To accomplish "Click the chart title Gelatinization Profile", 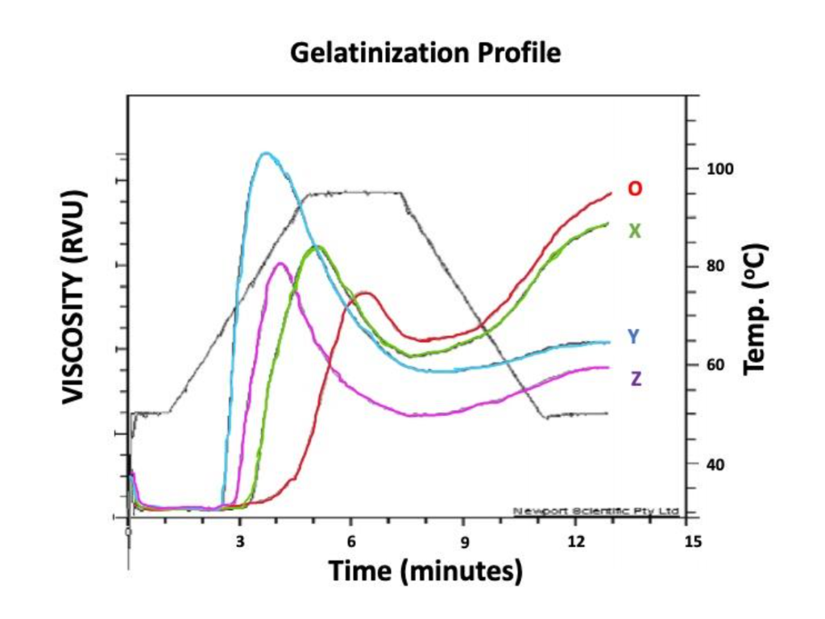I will [x=425, y=53].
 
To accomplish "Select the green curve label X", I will [x=635, y=231].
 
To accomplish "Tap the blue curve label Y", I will [x=634, y=337].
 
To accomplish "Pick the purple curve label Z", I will [x=636, y=379].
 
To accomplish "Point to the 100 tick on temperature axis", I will [x=719, y=168].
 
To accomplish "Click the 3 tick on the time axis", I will [x=240, y=541].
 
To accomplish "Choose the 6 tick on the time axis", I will [x=351, y=541].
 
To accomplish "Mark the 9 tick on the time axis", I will [x=463, y=541].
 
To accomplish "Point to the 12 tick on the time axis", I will [x=574, y=541].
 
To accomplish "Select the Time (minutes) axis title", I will [x=425, y=571].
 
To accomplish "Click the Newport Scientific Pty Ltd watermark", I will [x=595, y=511].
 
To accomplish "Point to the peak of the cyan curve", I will [x=265, y=153].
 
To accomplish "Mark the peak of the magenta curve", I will [x=280, y=264].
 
